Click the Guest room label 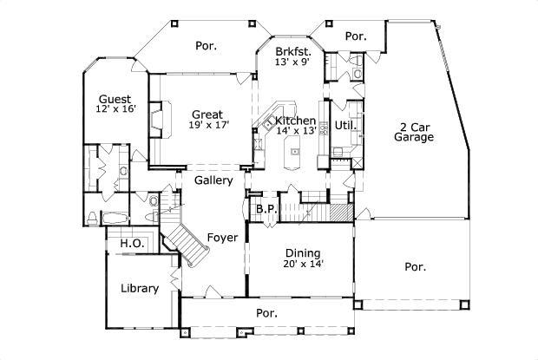[115, 99]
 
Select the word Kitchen [295, 120]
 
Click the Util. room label [344, 125]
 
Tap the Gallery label [213, 180]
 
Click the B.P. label [265, 209]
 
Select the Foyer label [222, 237]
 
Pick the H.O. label [131, 244]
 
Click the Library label [139, 288]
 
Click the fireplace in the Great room [157, 119]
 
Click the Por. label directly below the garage [415, 267]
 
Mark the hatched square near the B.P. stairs [346, 211]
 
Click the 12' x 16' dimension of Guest [115, 109]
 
